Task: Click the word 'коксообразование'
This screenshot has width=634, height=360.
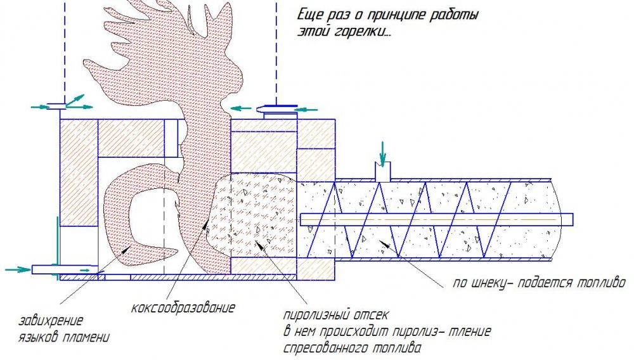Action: (183, 308)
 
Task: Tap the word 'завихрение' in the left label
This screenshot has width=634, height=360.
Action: (51, 321)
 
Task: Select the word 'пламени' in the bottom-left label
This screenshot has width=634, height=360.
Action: (86, 337)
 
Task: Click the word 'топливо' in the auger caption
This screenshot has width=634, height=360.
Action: (601, 283)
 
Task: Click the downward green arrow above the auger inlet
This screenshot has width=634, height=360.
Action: (382, 153)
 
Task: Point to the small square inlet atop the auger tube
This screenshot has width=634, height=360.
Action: (382, 171)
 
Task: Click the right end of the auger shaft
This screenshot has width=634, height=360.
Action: (573, 219)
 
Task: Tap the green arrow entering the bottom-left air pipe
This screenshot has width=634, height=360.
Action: (18, 269)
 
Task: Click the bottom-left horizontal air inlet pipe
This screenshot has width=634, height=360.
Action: (65, 269)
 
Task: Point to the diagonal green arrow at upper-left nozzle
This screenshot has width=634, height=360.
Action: (75, 100)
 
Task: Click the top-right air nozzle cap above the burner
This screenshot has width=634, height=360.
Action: (278, 107)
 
